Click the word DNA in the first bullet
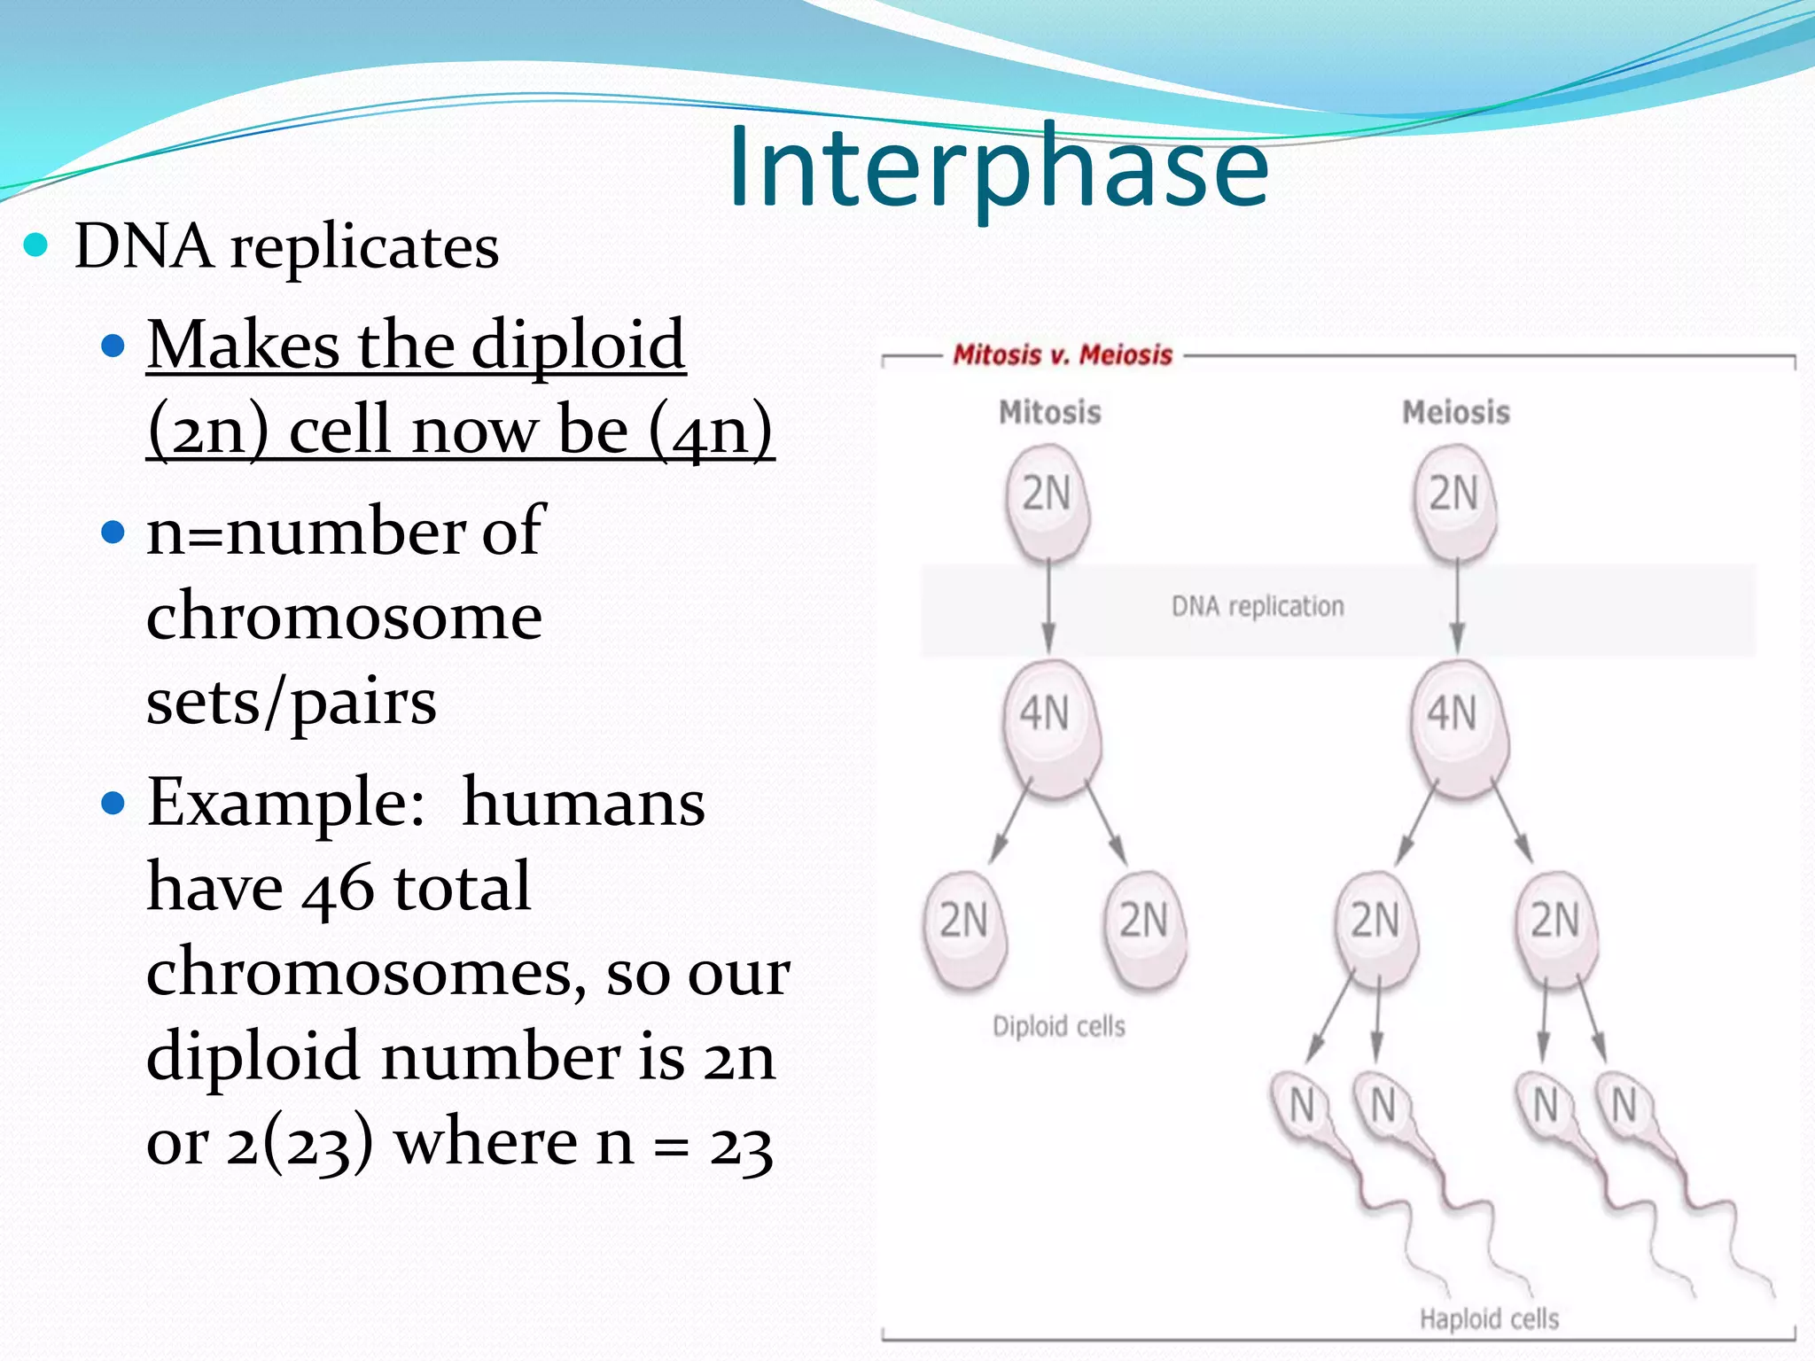coord(144,246)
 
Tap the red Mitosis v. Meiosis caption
coord(1063,355)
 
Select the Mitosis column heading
coord(1050,412)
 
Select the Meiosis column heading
coord(1456,412)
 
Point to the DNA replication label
coord(1258,607)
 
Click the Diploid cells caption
coord(1059,1026)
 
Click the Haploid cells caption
coord(1489,1318)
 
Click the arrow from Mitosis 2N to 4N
coord(1048,607)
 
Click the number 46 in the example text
coord(337,889)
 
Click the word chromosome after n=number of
coord(344,617)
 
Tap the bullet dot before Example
coord(113,803)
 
